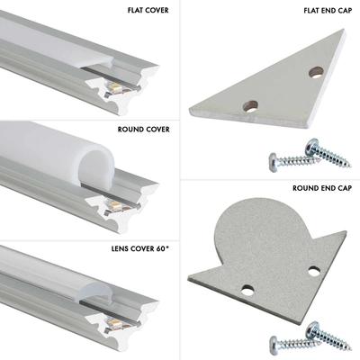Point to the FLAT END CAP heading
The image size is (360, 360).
click(326, 12)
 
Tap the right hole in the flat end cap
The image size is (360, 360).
click(315, 71)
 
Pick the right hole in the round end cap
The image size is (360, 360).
click(313, 270)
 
